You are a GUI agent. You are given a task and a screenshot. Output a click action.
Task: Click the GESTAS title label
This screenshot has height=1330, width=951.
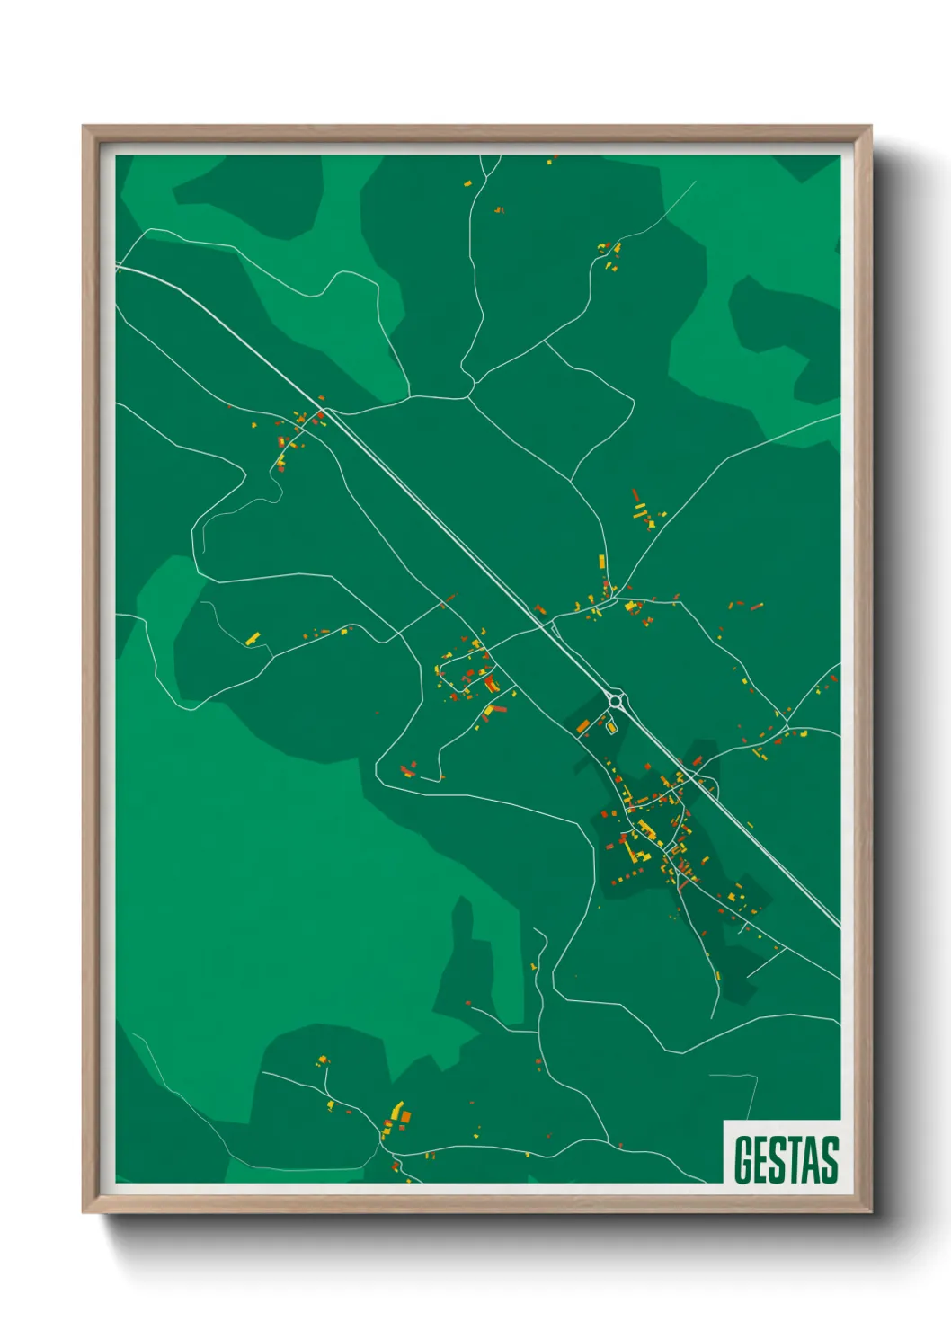(x=786, y=1159)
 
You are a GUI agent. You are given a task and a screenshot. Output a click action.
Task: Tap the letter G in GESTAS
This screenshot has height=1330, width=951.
(x=743, y=1159)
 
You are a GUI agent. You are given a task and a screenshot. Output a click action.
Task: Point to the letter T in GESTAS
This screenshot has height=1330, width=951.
(x=792, y=1159)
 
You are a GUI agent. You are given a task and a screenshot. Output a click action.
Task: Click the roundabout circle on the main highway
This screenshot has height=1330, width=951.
(x=616, y=698)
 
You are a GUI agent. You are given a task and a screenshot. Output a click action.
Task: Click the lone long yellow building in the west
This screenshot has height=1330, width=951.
(x=253, y=638)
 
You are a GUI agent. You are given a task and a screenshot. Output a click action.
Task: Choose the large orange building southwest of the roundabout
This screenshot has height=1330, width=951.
(x=582, y=725)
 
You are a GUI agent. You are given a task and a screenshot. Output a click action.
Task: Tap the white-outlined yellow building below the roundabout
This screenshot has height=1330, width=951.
(x=611, y=726)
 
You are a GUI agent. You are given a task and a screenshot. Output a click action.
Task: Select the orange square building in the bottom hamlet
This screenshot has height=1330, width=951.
(x=404, y=1117)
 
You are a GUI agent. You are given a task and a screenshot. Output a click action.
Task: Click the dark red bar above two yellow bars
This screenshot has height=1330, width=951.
(x=636, y=496)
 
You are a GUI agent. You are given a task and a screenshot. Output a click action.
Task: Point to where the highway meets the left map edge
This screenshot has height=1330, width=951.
(x=118, y=266)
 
